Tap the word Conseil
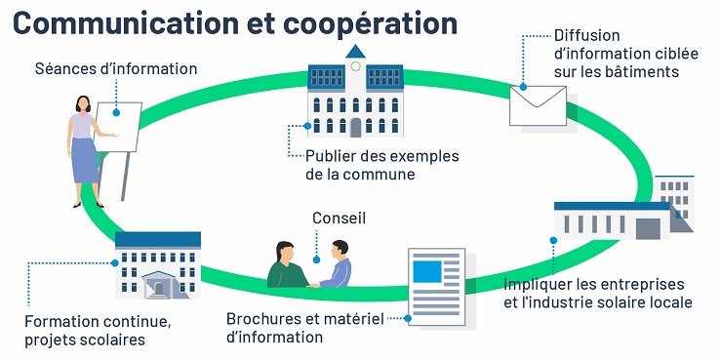pos(339,219)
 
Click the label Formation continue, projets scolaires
pos(98,330)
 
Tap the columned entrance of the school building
pos(160,286)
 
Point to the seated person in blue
pos(337,268)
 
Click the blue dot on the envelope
pos(523,87)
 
